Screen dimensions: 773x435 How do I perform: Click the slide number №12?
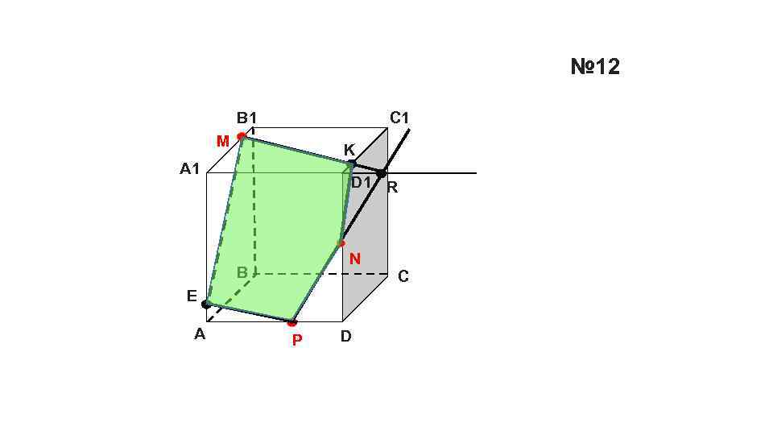click(x=595, y=67)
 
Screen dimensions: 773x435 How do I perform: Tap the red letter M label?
click(x=223, y=142)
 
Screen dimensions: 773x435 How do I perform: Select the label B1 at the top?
click(x=246, y=118)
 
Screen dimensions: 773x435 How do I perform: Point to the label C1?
click(x=399, y=118)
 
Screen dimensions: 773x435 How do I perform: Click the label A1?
click(x=189, y=169)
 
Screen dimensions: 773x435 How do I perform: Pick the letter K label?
click(x=349, y=150)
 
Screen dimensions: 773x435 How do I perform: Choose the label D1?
click(x=361, y=182)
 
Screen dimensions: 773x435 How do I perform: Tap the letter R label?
click(x=392, y=188)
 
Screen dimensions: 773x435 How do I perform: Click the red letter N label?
click(x=354, y=259)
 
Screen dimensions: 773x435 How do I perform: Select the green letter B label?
click(x=242, y=273)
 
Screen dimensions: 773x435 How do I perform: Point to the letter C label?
click(x=403, y=276)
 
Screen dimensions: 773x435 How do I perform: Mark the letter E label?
click(x=192, y=296)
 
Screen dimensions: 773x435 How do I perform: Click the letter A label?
click(x=200, y=334)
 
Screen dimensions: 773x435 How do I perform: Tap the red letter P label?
click(x=297, y=340)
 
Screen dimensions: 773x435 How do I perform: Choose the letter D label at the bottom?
click(x=345, y=336)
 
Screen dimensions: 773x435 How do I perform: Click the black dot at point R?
click(x=382, y=173)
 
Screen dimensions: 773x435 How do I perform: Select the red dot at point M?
click(x=242, y=136)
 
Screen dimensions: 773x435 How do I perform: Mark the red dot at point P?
click(x=292, y=323)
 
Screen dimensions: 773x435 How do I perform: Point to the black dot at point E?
click(x=206, y=304)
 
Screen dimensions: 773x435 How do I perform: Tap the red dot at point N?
click(x=341, y=242)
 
